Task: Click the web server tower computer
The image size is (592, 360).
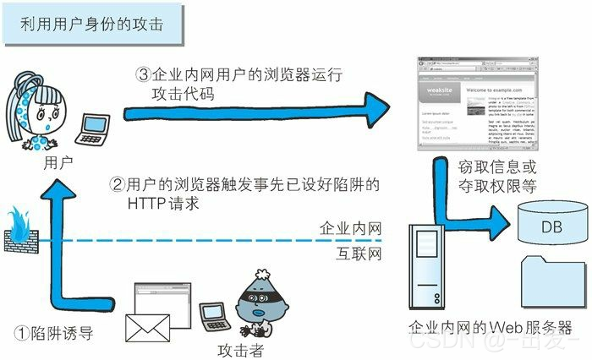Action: tap(430, 270)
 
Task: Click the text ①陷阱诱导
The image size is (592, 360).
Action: tap(55, 333)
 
